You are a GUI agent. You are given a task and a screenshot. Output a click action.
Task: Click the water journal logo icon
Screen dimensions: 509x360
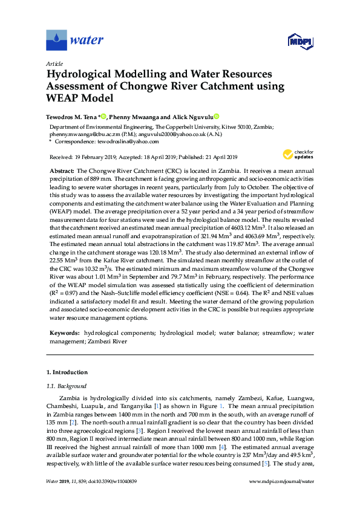[x=56, y=40]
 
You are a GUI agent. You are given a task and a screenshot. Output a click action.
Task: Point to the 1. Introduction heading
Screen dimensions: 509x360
[x=67, y=372]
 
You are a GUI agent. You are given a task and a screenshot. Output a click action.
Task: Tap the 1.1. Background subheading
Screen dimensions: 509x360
[x=67, y=386]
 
